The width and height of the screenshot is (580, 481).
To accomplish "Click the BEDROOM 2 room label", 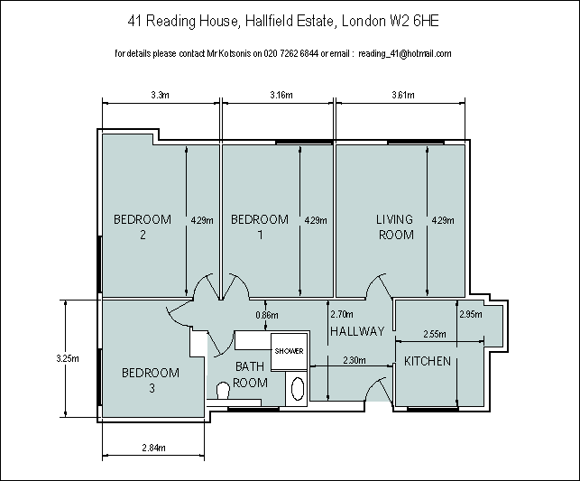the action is point(143,227).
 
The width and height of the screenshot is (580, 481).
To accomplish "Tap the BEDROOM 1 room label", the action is point(260,227).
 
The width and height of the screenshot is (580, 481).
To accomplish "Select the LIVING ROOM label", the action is point(395,227).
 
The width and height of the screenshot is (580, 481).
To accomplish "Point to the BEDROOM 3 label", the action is point(151,380).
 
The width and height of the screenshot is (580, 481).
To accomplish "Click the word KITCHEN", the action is point(428,361).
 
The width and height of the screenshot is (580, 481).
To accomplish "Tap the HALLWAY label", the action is point(357,331).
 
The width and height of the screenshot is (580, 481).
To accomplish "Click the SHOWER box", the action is point(289,351).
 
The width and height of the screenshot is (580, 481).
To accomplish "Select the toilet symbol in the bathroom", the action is point(223,391).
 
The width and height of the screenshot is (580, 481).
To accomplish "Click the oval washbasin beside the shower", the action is point(298,389).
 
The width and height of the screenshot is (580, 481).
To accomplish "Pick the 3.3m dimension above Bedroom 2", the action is point(161,95).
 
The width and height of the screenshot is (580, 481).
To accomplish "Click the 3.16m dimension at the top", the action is point(281,95).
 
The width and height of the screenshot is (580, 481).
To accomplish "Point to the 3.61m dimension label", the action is point(403,95).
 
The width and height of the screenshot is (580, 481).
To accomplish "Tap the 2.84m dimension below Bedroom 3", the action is point(153,449).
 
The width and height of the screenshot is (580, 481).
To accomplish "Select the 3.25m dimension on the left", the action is point(68,358).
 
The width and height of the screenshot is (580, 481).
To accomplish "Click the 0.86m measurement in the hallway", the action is point(267,315).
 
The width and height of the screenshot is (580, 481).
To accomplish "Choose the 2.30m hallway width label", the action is point(354,360).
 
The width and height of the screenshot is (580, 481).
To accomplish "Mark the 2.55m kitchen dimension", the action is point(435,335).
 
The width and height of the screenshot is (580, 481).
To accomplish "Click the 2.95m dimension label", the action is point(471,314).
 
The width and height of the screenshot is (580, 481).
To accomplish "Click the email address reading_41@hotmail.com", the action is point(405,54).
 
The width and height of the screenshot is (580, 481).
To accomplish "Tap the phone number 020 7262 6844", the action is point(291,53).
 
